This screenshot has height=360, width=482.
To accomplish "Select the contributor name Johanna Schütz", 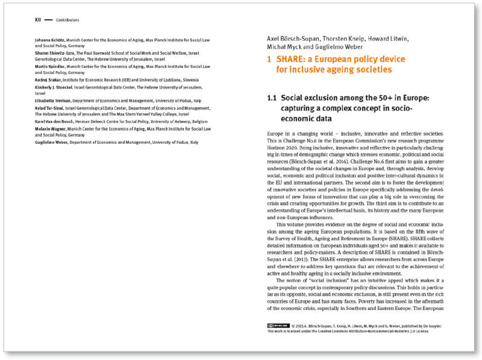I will tap(51, 40).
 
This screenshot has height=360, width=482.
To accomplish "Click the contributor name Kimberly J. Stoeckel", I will tap(54, 87).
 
